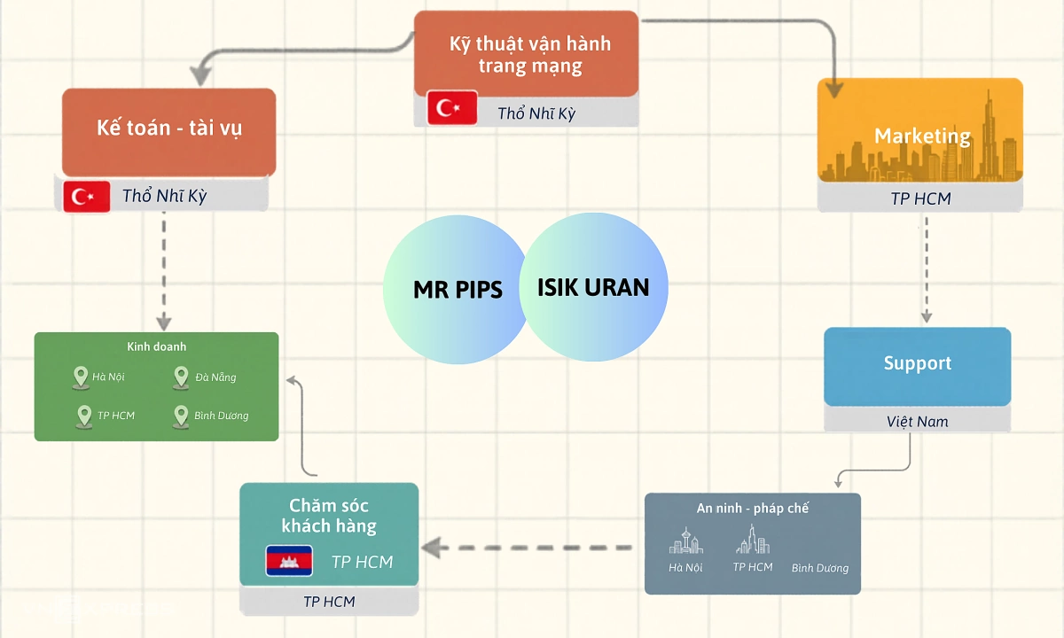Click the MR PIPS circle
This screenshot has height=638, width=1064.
point(448,290)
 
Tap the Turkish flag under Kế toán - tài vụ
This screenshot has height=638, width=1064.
point(86,196)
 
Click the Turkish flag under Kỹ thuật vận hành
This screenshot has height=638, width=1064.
point(452,108)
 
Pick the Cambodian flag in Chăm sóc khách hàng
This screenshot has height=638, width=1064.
point(289,561)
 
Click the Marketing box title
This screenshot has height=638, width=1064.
point(922,136)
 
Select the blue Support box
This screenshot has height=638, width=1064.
point(917,364)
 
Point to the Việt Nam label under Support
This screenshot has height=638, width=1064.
point(917,421)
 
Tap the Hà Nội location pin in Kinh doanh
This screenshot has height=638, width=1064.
point(81,377)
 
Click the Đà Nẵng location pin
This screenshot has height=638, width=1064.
point(181,377)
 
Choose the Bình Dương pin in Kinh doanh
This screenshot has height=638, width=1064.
point(181,416)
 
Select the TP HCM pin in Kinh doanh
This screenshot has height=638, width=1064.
point(84,416)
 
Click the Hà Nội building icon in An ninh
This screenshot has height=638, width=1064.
point(685,542)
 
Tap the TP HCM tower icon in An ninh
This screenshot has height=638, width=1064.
point(752,539)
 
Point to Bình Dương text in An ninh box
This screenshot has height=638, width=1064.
point(819,568)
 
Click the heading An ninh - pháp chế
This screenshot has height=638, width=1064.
point(752,509)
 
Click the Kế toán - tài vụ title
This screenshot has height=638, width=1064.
point(169,128)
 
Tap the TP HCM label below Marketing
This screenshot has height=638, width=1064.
point(920,199)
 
